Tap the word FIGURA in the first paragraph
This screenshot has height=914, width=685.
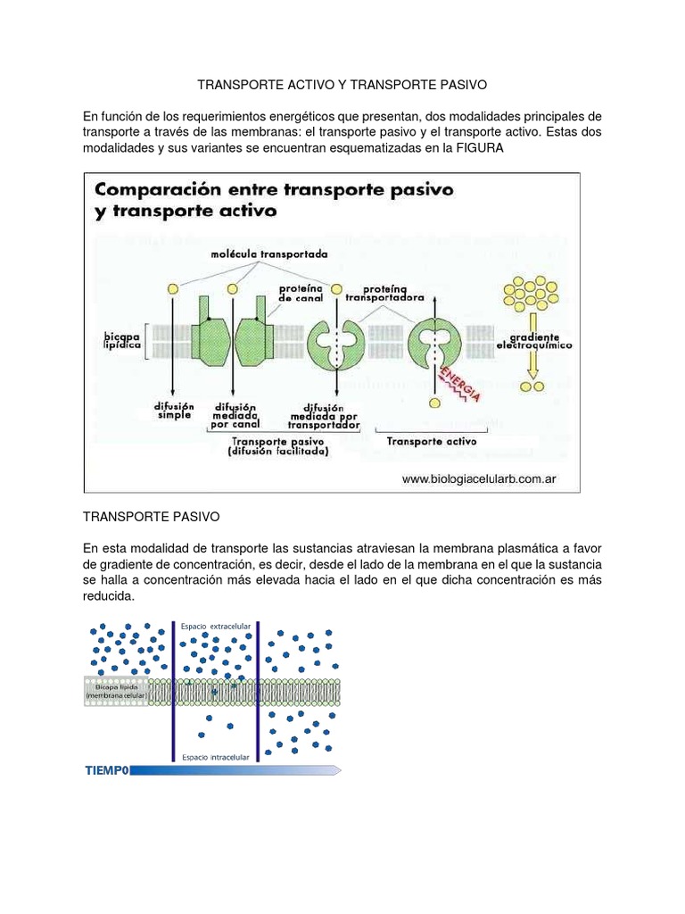(x=480, y=148)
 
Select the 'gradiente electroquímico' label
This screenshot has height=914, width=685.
(x=535, y=340)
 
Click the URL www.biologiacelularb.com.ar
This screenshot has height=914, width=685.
(x=479, y=479)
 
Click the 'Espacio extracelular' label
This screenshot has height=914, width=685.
(x=215, y=627)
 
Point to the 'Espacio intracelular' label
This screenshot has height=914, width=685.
(x=215, y=757)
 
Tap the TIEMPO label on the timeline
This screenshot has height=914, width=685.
(x=107, y=770)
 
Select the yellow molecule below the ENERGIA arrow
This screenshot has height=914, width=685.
(x=434, y=403)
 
